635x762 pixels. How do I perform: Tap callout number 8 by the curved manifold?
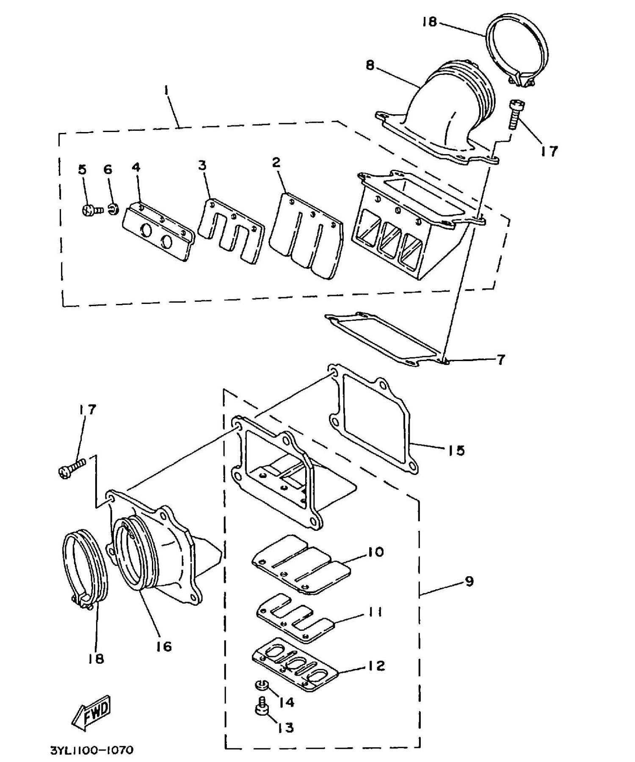(x=370, y=66)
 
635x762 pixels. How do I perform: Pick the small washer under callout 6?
(x=113, y=209)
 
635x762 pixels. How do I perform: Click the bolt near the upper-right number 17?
(x=516, y=113)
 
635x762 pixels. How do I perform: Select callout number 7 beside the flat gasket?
(x=500, y=360)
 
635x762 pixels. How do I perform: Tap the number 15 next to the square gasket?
(x=456, y=450)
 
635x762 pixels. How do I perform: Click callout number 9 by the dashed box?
(x=469, y=581)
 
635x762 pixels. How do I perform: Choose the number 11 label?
(x=375, y=612)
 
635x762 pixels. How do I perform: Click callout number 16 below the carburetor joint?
(x=164, y=646)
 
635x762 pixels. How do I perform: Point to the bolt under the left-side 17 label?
(x=72, y=468)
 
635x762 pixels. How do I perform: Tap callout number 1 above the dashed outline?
(x=166, y=90)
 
